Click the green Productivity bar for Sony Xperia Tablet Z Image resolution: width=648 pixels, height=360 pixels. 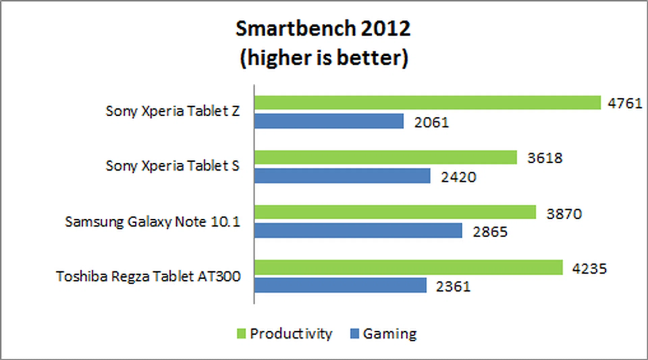[x=428, y=103]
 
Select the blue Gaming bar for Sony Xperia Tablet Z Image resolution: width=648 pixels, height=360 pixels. [x=329, y=121]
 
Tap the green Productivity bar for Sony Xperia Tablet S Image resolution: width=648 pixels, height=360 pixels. [x=386, y=158]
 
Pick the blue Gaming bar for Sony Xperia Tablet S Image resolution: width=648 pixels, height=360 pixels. [x=343, y=176]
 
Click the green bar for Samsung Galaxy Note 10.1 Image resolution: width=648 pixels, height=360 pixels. [x=395, y=212]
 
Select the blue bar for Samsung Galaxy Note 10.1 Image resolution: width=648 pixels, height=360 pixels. [x=358, y=230]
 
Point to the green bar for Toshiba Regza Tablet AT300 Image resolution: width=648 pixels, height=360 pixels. [x=409, y=267]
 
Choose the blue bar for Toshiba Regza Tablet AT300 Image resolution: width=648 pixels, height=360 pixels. [x=341, y=285]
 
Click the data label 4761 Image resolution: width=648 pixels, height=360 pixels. [x=625, y=103]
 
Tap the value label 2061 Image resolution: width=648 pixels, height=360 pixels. [x=431, y=122]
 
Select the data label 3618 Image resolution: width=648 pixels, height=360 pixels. [x=545, y=158]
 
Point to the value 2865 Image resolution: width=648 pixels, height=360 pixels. [x=490, y=232]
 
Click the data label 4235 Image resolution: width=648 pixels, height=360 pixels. [x=589, y=269]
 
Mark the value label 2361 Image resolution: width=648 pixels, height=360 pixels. [x=453, y=286]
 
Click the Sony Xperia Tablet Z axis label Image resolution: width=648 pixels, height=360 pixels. [x=172, y=111]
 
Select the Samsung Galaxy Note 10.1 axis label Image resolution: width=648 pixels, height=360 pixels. [x=152, y=222]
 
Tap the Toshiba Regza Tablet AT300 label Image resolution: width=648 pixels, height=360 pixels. [x=148, y=276]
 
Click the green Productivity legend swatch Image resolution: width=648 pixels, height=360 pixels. [x=241, y=334]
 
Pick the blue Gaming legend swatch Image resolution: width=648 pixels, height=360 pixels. [x=354, y=334]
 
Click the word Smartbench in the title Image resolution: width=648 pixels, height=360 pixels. [x=295, y=28]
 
